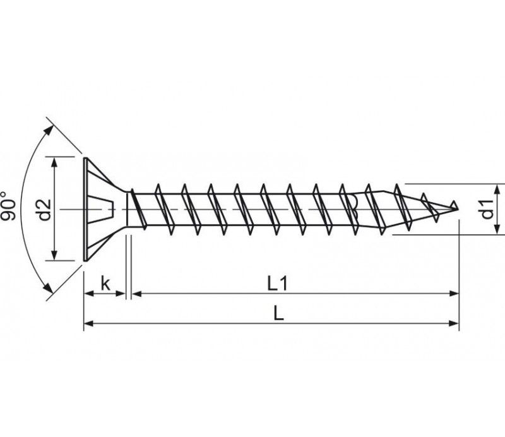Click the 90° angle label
coord(8,207)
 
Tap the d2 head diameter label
coord(44,210)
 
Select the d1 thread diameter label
coord(487,209)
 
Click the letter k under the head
coord(105,284)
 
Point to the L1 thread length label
coord(277,284)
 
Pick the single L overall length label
coord(278,313)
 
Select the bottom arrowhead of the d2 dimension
coord(54,255)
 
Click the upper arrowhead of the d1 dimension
coord(498,189)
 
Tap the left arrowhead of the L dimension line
coord(88,323)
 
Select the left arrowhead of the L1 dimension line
coord(137,293)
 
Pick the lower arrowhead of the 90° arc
coord(49,287)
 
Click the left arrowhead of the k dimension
coord(88,293)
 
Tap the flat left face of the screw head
coord(85,209)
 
